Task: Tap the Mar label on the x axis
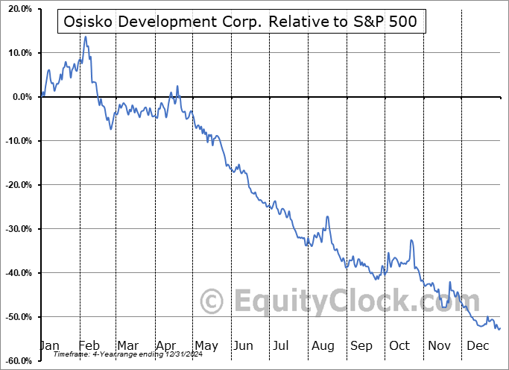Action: click(x=127, y=345)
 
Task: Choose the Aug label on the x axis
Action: click(x=323, y=345)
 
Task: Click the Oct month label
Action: click(x=400, y=345)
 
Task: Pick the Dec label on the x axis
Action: click(x=478, y=345)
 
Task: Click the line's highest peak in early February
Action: click(x=86, y=37)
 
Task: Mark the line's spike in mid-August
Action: click(x=327, y=217)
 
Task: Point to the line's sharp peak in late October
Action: click(x=411, y=240)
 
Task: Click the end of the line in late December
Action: click(x=499, y=328)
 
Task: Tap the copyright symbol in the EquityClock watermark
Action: click(x=212, y=302)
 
